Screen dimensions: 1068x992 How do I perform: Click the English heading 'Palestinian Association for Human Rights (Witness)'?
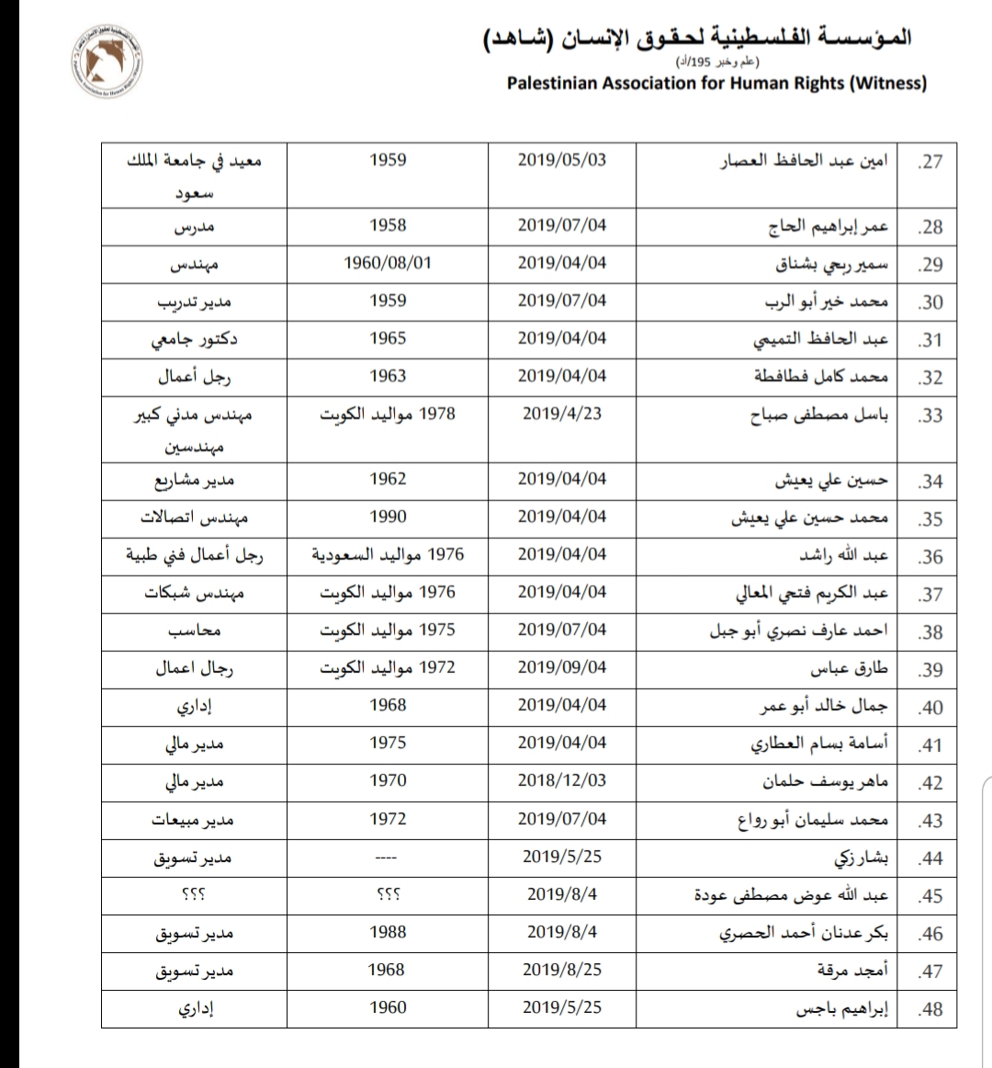(x=716, y=84)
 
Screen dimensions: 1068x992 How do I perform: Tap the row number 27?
(x=930, y=163)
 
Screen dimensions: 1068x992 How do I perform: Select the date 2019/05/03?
(x=562, y=160)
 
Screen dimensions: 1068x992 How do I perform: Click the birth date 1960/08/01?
(x=388, y=263)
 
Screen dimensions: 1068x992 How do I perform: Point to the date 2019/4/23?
(x=562, y=414)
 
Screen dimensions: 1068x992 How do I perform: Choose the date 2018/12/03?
(x=562, y=781)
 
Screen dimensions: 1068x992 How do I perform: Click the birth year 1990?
(x=388, y=517)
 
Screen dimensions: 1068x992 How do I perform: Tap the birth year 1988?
(x=388, y=932)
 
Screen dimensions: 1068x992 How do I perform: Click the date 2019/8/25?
(x=562, y=970)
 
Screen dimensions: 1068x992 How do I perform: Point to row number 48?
(x=930, y=1009)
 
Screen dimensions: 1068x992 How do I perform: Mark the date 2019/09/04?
(x=562, y=668)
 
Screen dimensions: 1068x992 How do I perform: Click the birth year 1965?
(x=388, y=338)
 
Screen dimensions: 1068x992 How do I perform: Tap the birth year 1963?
(x=388, y=376)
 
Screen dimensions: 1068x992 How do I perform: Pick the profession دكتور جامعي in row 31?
(x=195, y=339)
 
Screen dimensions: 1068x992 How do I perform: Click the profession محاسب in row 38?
(x=195, y=631)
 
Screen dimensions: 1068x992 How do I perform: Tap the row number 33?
(x=930, y=415)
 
